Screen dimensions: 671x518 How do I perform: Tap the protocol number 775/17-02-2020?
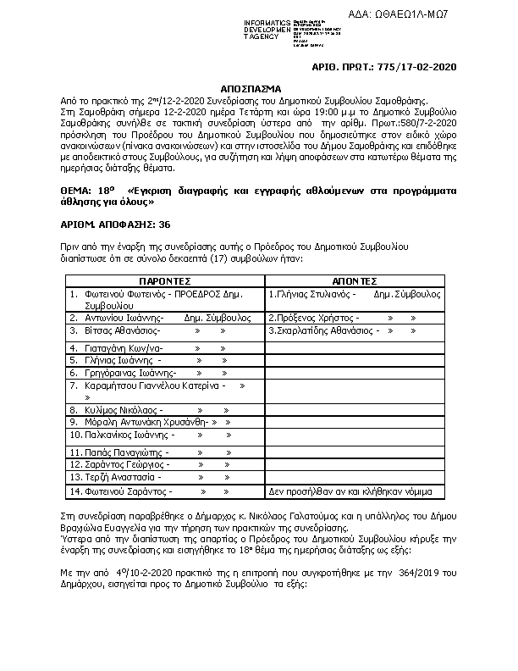pyautogui.click(x=420, y=65)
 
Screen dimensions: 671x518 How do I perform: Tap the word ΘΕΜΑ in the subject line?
pyautogui.click(x=80, y=192)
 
